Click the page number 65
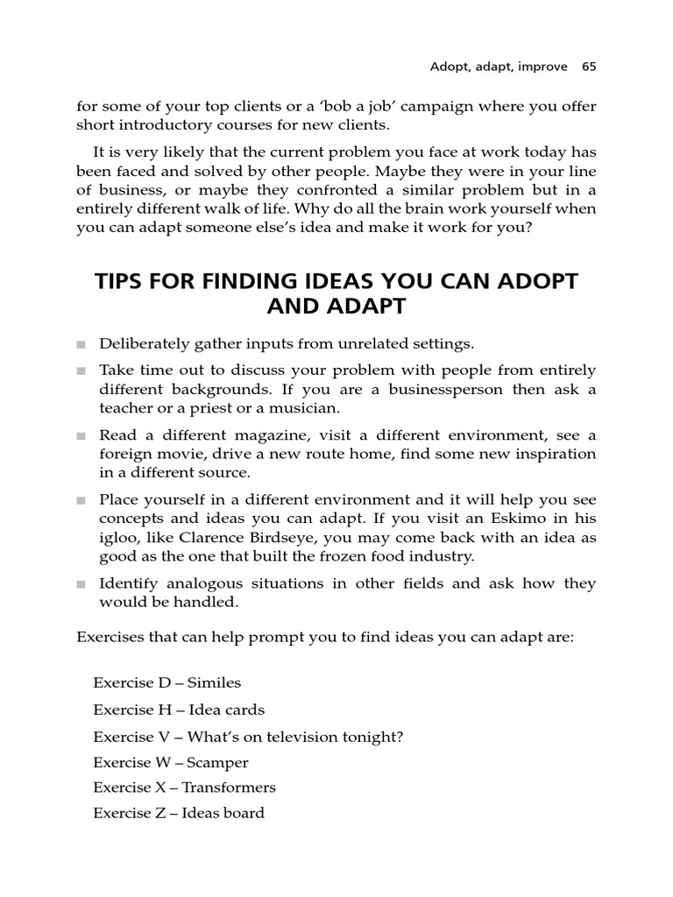tap(588, 67)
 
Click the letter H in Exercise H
tap(164, 710)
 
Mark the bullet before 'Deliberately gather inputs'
tap(81, 344)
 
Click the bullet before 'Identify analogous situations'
tap(81, 584)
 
